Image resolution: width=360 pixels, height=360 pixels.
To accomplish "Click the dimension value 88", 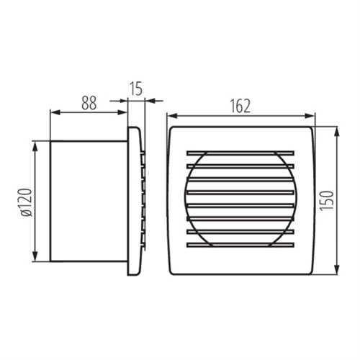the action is click(x=89, y=103).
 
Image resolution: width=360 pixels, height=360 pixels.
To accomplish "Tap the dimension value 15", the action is click(x=136, y=89).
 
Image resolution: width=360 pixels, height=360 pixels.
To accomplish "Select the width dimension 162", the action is click(x=240, y=106).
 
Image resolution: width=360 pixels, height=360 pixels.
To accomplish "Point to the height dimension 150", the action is click(x=327, y=201).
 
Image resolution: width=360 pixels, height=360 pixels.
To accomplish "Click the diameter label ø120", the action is click(x=27, y=202).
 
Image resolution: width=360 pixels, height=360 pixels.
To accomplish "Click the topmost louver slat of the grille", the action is click(x=240, y=153).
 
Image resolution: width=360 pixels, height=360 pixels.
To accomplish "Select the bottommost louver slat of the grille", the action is click(x=240, y=245).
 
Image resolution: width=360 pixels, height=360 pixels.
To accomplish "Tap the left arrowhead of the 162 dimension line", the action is click(x=173, y=116).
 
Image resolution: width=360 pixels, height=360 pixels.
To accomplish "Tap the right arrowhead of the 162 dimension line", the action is click(x=309, y=116).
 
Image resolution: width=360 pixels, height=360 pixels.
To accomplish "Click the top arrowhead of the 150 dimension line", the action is click(x=337, y=132).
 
